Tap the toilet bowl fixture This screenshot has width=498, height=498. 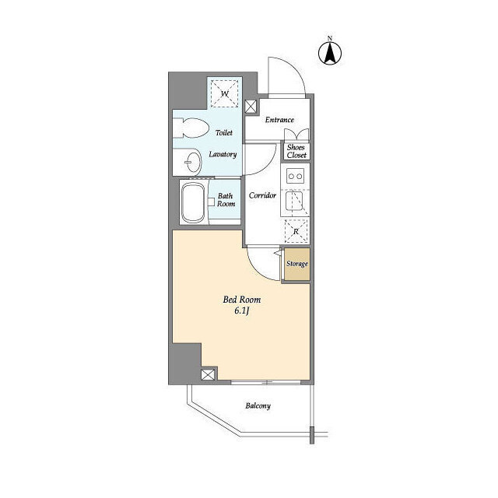pos(191,128)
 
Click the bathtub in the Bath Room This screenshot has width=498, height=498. pos(193,203)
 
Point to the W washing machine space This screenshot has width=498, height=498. pos(225,93)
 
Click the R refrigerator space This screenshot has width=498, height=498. pos(296,231)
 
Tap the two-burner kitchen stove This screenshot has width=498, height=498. pos(295,176)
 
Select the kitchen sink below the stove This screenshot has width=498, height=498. pos(294,201)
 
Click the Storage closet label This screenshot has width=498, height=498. pos(297,264)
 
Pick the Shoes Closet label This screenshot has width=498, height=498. pos(296,151)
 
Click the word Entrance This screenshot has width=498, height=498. pos(279,120)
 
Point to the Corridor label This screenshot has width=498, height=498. pos(262,195)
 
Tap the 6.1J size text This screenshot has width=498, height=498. pos(241,311)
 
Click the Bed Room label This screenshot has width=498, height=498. pos(242,300)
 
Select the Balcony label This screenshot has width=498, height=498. pos(258,405)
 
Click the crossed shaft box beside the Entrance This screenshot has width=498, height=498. pos(251,107)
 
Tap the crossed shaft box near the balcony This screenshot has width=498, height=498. pos(208,375)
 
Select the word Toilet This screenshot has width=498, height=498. pos(224,132)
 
